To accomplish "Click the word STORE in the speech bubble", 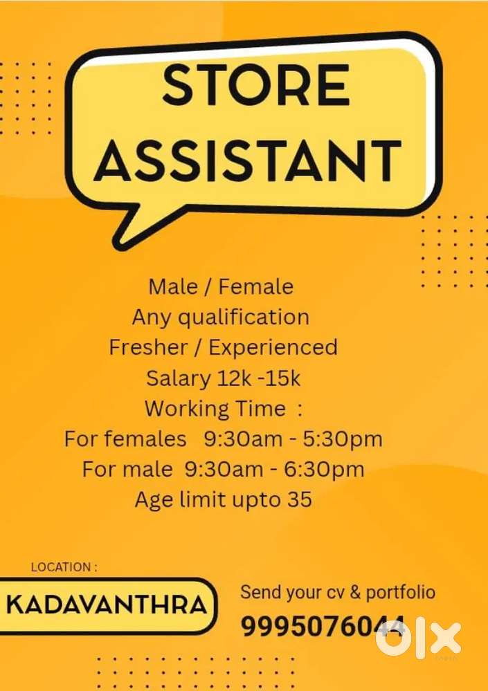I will pos(256,86).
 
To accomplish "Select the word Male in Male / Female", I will pos(172,286).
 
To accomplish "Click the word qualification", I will pos(243,317).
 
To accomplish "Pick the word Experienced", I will pos(273,347).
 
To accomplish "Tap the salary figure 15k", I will pos(284,378).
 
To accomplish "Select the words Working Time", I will pos(215,408).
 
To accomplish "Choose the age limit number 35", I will pos(299,499).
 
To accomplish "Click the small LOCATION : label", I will pos(64,567).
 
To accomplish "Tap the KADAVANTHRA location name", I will pos(107,605).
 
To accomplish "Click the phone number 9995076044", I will pos(323,627).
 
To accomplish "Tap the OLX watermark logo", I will pos(418,637).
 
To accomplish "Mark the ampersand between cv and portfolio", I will pos(355,592).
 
